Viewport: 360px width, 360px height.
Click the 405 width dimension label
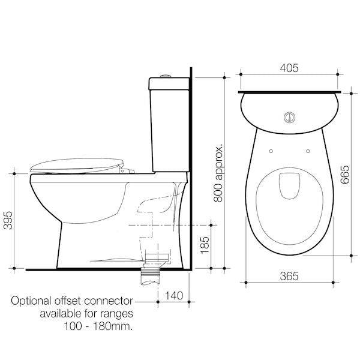click(289, 68)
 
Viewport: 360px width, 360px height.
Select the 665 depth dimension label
click(344, 174)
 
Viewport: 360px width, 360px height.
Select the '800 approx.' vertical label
click(219, 172)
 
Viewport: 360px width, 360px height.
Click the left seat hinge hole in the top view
click(271, 151)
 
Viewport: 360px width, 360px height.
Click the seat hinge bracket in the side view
click(125, 171)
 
